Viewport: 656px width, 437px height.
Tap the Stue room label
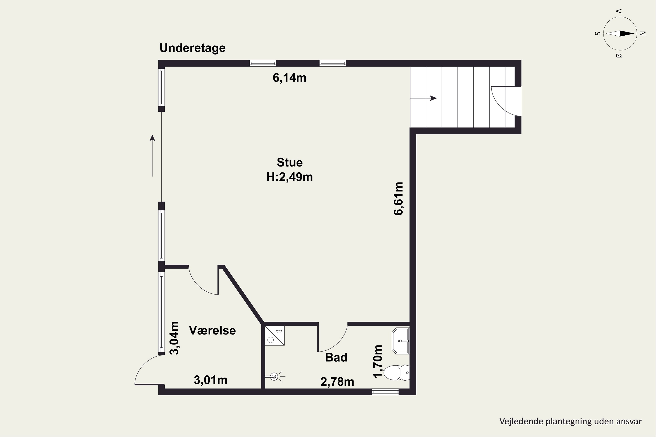tap(290, 162)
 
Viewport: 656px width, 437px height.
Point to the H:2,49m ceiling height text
tap(290, 177)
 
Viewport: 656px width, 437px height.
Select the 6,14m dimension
tap(290, 78)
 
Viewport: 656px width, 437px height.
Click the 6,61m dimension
tap(398, 198)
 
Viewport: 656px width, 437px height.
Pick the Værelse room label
tap(212, 330)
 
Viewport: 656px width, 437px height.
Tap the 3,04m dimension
tap(174, 338)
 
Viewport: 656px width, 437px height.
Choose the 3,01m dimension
tap(211, 380)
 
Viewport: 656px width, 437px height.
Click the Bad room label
tap(336, 357)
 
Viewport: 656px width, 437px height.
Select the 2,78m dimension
tap(337, 382)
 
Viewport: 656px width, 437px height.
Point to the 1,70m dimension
tap(378, 361)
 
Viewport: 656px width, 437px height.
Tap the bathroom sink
tap(401, 341)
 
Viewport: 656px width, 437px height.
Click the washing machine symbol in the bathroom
tap(275, 336)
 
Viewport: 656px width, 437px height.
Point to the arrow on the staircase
tap(423, 98)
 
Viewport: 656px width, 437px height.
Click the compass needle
tap(620, 34)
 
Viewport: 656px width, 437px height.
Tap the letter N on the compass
tap(643, 34)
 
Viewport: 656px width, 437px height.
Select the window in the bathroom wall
tap(385, 392)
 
